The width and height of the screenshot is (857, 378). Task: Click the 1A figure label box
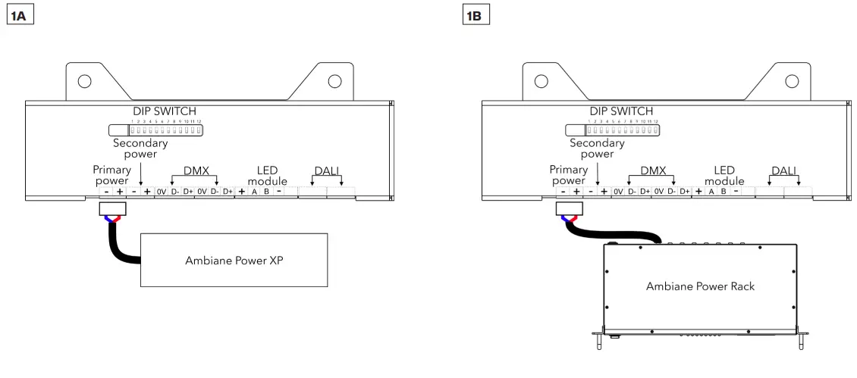click(x=21, y=15)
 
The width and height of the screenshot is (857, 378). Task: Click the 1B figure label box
click(x=476, y=15)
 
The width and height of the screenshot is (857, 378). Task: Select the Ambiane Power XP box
click(x=234, y=260)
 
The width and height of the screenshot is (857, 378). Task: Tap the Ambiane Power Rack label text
click(x=700, y=286)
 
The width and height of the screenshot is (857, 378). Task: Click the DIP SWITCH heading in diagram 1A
click(x=165, y=111)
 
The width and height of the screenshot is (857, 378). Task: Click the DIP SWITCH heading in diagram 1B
click(x=621, y=111)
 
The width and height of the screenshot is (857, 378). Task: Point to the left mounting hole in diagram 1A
click(x=85, y=81)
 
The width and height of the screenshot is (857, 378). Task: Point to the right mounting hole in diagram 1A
click(x=334, y=81)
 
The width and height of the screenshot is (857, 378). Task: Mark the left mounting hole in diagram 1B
click(x=542, y=81)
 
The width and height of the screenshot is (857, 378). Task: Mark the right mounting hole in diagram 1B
click(x=791, y=81)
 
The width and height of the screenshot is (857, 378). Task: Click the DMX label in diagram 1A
click(x=196, y=171)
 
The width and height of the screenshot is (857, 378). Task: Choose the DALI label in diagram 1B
click(x=784, y=171)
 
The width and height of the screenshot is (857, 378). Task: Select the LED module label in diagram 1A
click(x=262, y=177)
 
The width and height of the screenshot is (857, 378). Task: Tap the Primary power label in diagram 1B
click(x=568, y=176)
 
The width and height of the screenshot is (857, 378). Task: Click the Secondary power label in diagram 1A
click(x=140, y=148)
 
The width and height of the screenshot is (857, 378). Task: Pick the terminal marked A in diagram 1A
click(x=255, y=192)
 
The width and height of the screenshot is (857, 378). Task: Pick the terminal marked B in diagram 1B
click(x=723, y=192)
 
